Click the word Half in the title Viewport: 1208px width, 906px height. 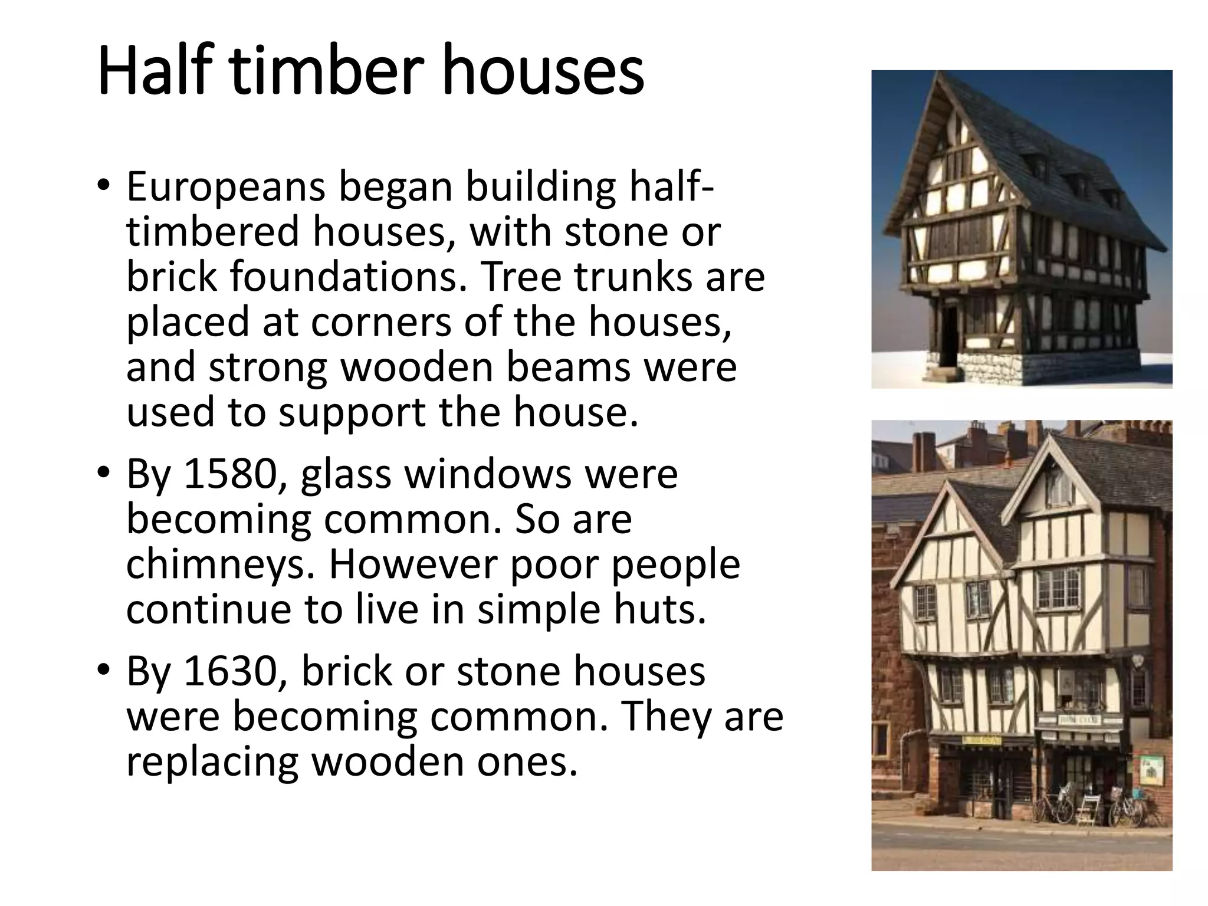tap(156, 71)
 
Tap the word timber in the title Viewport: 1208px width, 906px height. tap(326, 71)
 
